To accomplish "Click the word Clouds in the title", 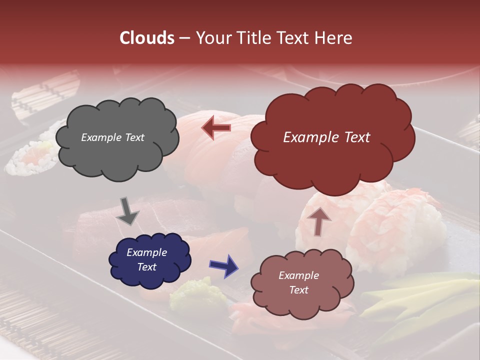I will (x=147, y=38).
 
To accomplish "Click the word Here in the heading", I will (x=334, y=38).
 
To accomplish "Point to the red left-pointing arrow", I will (x=216, y=127).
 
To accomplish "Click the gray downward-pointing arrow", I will (x=127, y=211).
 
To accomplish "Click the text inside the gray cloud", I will (x=112, y=137).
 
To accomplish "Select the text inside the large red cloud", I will (x=326, y=137).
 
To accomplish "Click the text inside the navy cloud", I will (x=147, y=259).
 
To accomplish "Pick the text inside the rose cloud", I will (x=298, y=282).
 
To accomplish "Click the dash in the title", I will (x=184, y=38).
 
